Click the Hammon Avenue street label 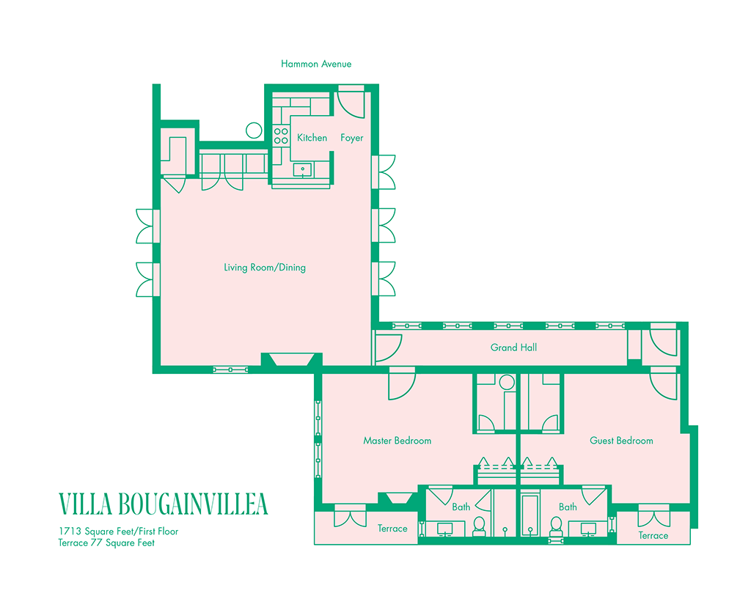[x=316, y=64]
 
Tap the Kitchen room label [x=312, y=138]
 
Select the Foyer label [x=351, y=138]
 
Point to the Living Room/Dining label [x=265, y=268]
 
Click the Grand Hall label [x=513, y=347]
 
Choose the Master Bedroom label [x=397, y=441]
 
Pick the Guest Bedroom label [x=621, y=441]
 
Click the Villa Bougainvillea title [x=163, y=504]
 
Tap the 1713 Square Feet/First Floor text [x=119, y=531]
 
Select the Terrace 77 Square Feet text [x=106, y=543]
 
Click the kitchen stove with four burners [x=281, y=136]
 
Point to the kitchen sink [x=303, y=170]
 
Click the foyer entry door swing [x=350, y=103]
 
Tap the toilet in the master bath [x=479, y=525]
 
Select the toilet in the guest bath [x=556, y=525]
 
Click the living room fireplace [x=292, y=359]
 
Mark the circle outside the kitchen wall [x=254, y=130]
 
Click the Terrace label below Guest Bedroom [x=653, y=535]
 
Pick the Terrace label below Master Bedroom [x=392, y=529]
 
